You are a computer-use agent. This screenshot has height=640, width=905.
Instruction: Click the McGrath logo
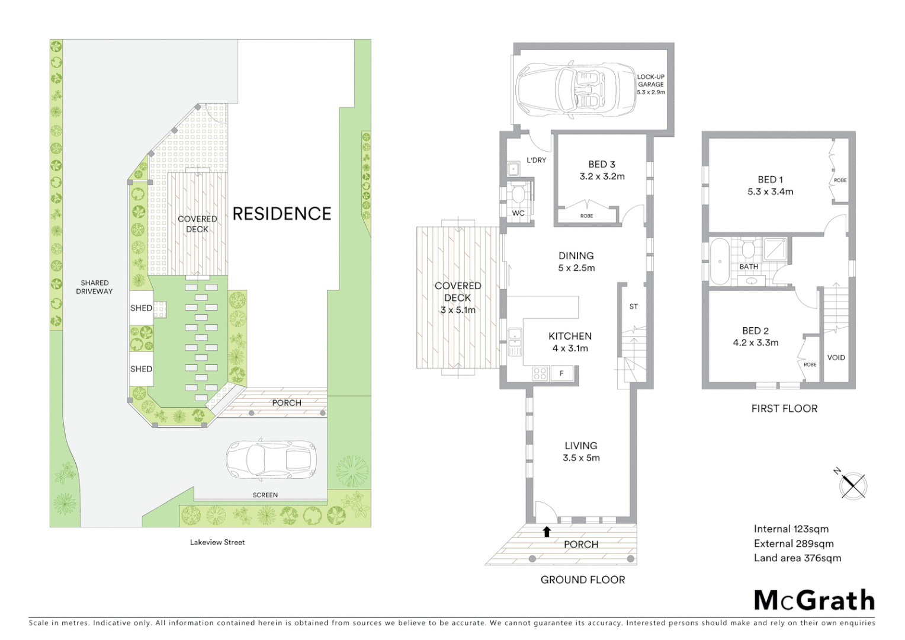814,600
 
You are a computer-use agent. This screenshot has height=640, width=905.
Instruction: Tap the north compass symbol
853,485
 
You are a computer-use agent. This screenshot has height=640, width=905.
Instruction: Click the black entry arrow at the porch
547,531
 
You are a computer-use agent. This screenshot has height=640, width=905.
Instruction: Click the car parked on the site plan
271,459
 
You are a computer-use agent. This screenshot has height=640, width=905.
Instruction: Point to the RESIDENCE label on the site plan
281,213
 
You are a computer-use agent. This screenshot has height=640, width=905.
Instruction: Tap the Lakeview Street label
217,542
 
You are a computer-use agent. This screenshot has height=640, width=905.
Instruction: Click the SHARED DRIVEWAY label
94,287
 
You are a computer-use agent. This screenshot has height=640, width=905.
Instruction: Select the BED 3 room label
602,164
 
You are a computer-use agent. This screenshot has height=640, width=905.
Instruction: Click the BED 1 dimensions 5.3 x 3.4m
770,191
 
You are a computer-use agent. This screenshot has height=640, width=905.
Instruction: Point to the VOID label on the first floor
836,357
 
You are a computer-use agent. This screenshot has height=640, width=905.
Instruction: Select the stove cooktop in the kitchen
540,373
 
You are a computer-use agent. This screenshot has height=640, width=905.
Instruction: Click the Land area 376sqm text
797,558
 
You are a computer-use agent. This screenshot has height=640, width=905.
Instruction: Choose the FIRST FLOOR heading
784,408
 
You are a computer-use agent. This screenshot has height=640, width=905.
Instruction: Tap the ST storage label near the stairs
634,306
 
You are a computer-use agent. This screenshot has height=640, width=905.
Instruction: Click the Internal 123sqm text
791,529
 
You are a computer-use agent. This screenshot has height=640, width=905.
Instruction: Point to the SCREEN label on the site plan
265,495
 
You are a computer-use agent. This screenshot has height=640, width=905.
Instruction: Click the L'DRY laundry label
536,160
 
